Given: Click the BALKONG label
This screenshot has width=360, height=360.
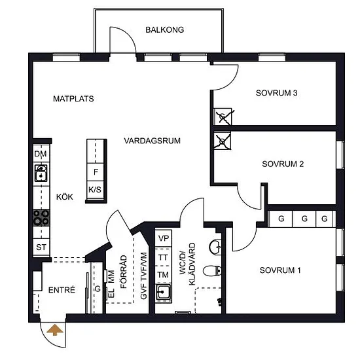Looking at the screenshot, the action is click(164, 30).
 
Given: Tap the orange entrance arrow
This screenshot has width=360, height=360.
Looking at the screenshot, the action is click(55, 330).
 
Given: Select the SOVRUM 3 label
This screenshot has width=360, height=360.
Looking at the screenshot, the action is click(276, 93).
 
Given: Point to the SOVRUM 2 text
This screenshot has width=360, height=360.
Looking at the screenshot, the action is click(283, 164).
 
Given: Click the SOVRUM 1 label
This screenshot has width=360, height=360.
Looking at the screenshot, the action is click(280, 270).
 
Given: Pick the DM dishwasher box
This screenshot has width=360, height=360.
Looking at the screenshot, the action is click(41, 153).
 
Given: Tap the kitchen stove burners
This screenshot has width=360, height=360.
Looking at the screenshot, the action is click(41, 218).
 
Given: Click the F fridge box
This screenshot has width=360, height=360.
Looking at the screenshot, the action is click(96, 172).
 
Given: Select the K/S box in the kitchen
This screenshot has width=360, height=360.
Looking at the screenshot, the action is click(95, 190).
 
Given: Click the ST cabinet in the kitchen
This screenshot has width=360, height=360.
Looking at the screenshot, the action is click(41, 247).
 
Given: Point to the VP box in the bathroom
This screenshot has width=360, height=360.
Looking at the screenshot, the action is click(164, 238).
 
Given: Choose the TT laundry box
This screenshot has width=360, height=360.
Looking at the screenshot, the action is click(163, 257).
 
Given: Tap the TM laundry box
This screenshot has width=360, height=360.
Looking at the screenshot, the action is click(163, 275).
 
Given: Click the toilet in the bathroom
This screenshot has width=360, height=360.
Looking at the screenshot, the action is click(212, 271).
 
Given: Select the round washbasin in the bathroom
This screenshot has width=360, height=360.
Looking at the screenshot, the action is click(215, 247).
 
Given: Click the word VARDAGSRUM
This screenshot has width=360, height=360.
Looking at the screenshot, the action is click(152, 141).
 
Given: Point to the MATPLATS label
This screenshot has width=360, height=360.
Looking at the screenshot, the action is click(73, 99).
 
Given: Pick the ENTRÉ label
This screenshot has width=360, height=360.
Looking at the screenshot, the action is click(62, 290).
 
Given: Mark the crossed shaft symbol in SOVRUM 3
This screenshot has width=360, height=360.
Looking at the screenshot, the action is click(223, 117).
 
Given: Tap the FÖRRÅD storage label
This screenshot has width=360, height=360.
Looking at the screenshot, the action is click(124, 272).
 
